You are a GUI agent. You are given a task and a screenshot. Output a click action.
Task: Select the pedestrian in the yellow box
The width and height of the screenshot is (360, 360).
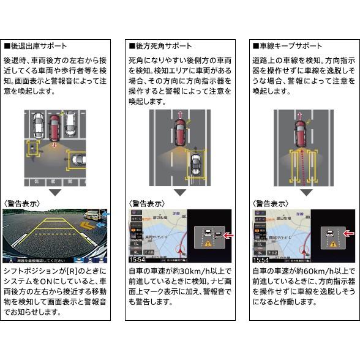click(32, 147)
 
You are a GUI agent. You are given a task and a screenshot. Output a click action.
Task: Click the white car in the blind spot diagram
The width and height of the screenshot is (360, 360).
click(194, 164)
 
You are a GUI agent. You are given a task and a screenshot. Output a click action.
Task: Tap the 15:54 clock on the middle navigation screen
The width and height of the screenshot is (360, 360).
click(137, 260)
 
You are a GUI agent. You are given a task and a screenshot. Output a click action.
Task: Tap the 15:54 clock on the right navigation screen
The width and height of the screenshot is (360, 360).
click(260, 260)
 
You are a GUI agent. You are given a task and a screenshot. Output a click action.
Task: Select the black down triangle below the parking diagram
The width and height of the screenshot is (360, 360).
click(56, 192)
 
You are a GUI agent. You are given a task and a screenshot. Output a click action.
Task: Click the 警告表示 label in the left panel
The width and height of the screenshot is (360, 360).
click(22, 203)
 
